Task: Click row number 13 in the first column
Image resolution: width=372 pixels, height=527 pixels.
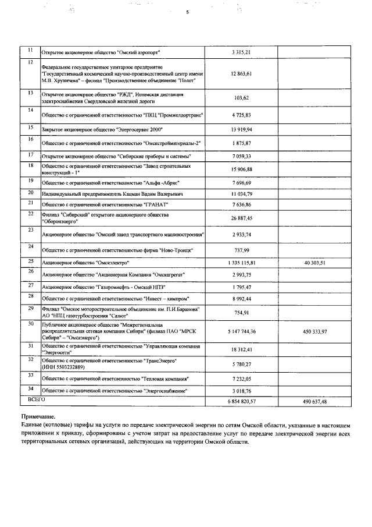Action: pyautogui.click(x=30, y=93)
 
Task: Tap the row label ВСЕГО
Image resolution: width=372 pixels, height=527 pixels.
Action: pyautogui.click(x=36, y=399)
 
